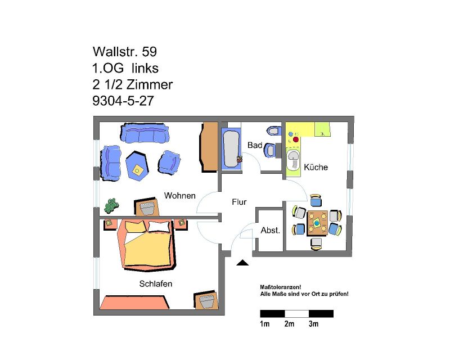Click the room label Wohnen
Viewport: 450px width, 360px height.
(x=179, y=196)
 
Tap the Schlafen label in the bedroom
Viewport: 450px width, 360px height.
(x=156, y=283)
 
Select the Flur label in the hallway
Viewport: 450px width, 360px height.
(x=239, y=202)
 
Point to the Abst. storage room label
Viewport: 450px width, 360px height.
(x=270, y=230)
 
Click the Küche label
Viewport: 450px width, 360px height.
(x=316, y=167)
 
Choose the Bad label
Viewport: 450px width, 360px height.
(x=255, y=145)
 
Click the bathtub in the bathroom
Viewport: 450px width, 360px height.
(x=231, y=149)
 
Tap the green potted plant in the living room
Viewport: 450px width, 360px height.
(x=111, y=205)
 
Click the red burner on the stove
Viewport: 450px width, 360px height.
(x=296, y=140)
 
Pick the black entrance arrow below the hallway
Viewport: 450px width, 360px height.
(x=242, y=263)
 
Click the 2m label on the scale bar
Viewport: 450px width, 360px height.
(x=289, y=324)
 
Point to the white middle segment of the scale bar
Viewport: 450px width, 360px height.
(x=297, y=313)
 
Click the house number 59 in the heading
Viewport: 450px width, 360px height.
(x=150, y=52)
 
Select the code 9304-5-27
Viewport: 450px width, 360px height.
(x=123, y=101)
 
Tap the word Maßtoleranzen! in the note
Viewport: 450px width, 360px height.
(x=280, y=287)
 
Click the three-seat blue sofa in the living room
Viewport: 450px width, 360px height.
(x=145, y=133)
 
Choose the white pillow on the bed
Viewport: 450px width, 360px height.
(x=159, y=227)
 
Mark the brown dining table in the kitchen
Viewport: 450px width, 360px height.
(x=317, y=223)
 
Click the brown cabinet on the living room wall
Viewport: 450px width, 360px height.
(x=209, y=147)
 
